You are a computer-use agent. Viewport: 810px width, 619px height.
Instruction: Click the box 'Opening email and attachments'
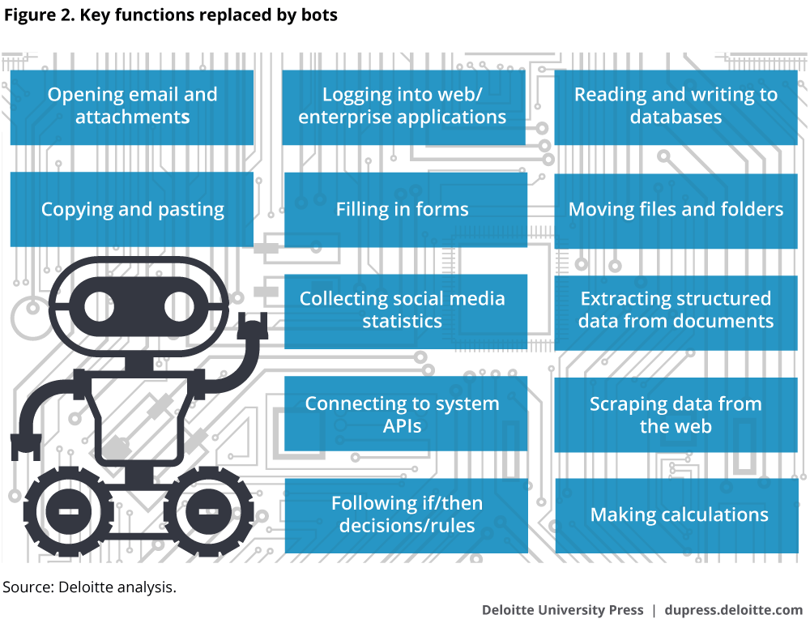coord(132,106)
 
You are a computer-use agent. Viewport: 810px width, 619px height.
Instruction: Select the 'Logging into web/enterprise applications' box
coord(403,106)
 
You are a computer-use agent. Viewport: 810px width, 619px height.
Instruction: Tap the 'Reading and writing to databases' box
coord(676,106)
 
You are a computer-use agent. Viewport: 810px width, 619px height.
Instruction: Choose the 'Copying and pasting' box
coord(132,210)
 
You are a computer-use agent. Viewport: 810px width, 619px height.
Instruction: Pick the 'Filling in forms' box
coord(403,210)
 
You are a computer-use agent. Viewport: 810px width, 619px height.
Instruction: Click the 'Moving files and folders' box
coord(676,210)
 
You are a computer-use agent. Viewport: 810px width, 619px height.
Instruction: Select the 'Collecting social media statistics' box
coord(403,309)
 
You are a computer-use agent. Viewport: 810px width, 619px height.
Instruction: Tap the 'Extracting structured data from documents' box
coord(676,309)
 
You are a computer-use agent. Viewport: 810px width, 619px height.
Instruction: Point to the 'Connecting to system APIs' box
coord(403,414)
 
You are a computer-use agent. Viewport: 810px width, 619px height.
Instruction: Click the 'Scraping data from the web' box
coord(676,414)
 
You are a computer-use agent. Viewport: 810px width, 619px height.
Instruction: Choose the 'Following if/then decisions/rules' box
coord(407,514)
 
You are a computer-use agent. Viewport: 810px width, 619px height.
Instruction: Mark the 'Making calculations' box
coord(679,514)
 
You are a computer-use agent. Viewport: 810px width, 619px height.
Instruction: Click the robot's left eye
coord(103,307)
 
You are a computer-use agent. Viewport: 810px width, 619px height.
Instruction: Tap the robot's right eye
coord(185,307)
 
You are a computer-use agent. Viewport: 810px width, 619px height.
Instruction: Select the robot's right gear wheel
coord(202,512)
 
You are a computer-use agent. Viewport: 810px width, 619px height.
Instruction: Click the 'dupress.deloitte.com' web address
coord(733,609)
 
